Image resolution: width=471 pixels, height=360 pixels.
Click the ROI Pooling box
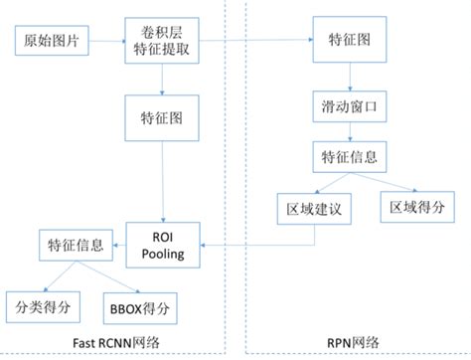pyautogui.click(x=165, y=245)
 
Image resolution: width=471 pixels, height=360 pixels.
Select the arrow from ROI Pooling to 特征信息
pyautogui.click(x=117, y=245)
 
